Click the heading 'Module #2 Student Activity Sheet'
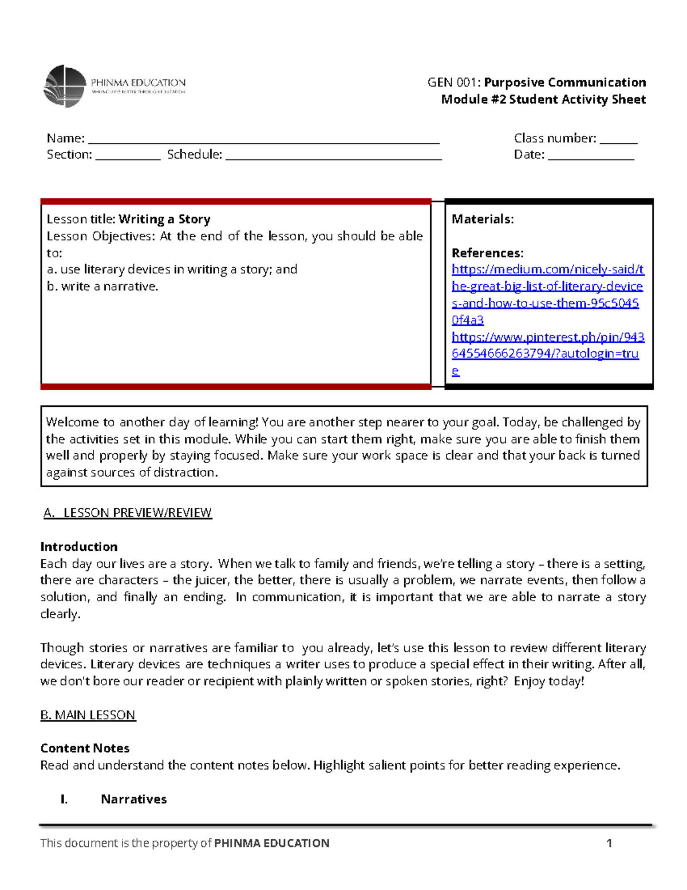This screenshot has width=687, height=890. click(543, 100)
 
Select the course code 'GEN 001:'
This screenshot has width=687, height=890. click(454, 83)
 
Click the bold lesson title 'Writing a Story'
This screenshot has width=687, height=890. click(164, 219)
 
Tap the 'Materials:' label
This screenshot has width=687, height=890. click(482, 219)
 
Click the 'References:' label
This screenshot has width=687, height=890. click(487, 253)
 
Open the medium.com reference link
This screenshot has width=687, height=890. click(547, 287)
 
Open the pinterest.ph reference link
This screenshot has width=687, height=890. click(547, 346)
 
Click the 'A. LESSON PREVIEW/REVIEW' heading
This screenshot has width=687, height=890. click(128, 513)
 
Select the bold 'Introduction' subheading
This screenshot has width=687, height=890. click(79, 547)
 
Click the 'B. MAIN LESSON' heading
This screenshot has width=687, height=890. click(88, 715)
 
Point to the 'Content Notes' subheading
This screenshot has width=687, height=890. click(85, 748)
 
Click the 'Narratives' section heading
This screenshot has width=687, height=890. click(133, 799)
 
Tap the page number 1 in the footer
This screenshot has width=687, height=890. click(609, 843)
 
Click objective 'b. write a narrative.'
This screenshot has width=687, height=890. click(102, 287)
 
